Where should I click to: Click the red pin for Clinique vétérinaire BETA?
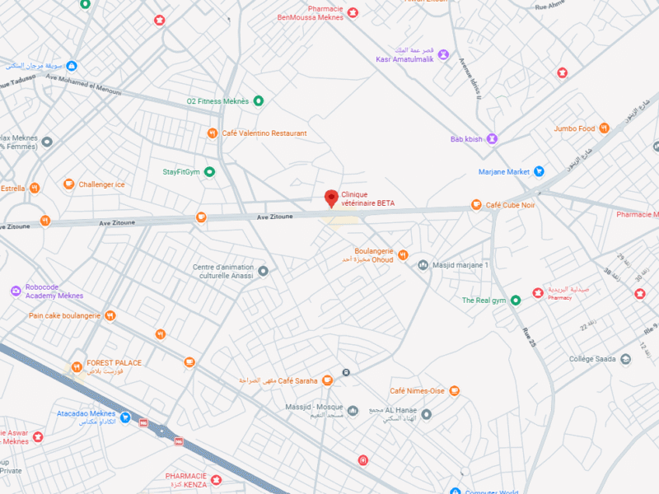331,198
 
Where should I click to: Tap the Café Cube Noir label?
510,205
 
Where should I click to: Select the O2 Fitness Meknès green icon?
258,101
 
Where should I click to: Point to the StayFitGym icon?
209,172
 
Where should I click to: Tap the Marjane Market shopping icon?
539,172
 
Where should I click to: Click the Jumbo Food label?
574,128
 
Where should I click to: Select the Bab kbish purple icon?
493,139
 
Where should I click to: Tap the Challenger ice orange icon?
68,185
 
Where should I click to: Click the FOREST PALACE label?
115,363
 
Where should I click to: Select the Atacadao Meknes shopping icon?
124,417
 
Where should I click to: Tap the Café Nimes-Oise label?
418,391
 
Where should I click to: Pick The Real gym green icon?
516,301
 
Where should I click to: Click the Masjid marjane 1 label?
460,265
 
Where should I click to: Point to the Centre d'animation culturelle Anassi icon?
264,271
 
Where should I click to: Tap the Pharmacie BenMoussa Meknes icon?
353,12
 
